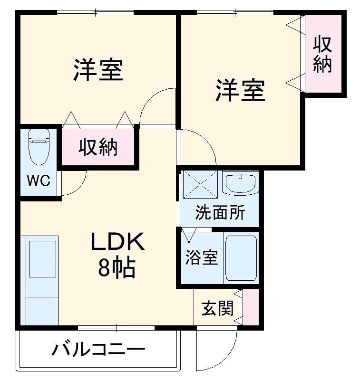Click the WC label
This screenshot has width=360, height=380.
(38, 180)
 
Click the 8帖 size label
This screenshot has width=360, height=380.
(117, 268)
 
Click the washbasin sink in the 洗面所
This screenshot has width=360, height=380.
(240, 182)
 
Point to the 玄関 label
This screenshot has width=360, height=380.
(217, 308)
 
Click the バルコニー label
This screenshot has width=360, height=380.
(98, 351)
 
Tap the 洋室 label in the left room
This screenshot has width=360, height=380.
(98, 70)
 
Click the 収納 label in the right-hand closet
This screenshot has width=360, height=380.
(322, 55)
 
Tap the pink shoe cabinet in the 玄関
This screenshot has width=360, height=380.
(251, 307)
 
